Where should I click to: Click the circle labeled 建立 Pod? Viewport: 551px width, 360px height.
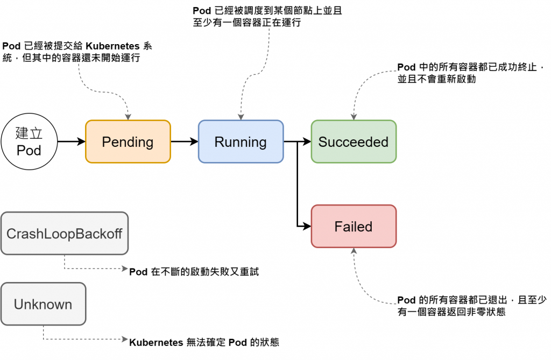click(x=29, y=142)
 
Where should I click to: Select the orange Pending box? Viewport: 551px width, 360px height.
click(x=128, y=142)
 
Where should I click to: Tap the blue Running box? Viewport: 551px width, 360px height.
click(x=241, y=142)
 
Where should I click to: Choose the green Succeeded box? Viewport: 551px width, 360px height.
click(x=354, y=142)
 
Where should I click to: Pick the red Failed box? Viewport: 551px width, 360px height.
click(x=354, y=227)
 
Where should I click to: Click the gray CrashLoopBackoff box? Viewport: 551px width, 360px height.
click(x=65, y=234)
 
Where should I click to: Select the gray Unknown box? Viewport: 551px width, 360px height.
click(x=43, y=304)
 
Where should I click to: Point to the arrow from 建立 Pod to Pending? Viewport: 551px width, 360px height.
click(x=71, y=142)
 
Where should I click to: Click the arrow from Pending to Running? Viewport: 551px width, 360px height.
click(x=184, y=142)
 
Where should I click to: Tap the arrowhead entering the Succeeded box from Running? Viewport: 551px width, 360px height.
click(x=307, y=142)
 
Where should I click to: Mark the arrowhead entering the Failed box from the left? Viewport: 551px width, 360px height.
click(x=307, y=227)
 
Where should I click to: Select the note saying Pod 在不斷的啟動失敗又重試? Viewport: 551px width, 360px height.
click(x=194, y=272)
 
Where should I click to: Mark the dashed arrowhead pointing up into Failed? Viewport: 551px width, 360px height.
click(x=354, y=252)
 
